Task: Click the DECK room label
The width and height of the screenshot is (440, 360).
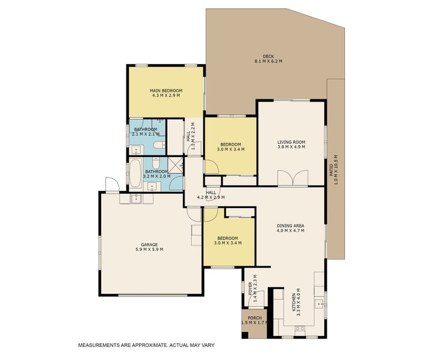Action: pos(269,56)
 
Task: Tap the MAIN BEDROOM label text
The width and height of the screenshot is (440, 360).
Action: pos(166,91)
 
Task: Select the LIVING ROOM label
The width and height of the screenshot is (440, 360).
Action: pos(291,142)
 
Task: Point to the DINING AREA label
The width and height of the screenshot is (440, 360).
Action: pos(290,226)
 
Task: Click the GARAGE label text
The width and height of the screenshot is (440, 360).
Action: pos(149,245)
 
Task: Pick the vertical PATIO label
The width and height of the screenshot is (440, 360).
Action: pos(331,170)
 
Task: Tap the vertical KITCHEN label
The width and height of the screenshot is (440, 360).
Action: pos(294,302)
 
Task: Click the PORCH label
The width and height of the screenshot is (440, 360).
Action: pos(255,318)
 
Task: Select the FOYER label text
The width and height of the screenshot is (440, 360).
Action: pos(251,289)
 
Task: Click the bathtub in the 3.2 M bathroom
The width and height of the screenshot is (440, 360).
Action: pos(135,173)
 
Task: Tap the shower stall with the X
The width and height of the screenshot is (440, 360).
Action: pos(175,165)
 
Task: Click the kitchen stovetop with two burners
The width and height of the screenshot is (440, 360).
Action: pos(300,328)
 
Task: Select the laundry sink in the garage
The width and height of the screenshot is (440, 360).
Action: pos(137,198)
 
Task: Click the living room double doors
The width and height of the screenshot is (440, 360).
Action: pos(293,178)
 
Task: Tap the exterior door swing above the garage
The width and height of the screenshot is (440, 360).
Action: pos(112,184)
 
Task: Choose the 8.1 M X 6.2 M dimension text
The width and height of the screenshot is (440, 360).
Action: pos(269,61)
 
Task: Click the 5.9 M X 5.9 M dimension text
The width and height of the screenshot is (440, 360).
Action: pos(149,250)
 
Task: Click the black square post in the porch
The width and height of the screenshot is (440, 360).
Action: pos(245,335)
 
